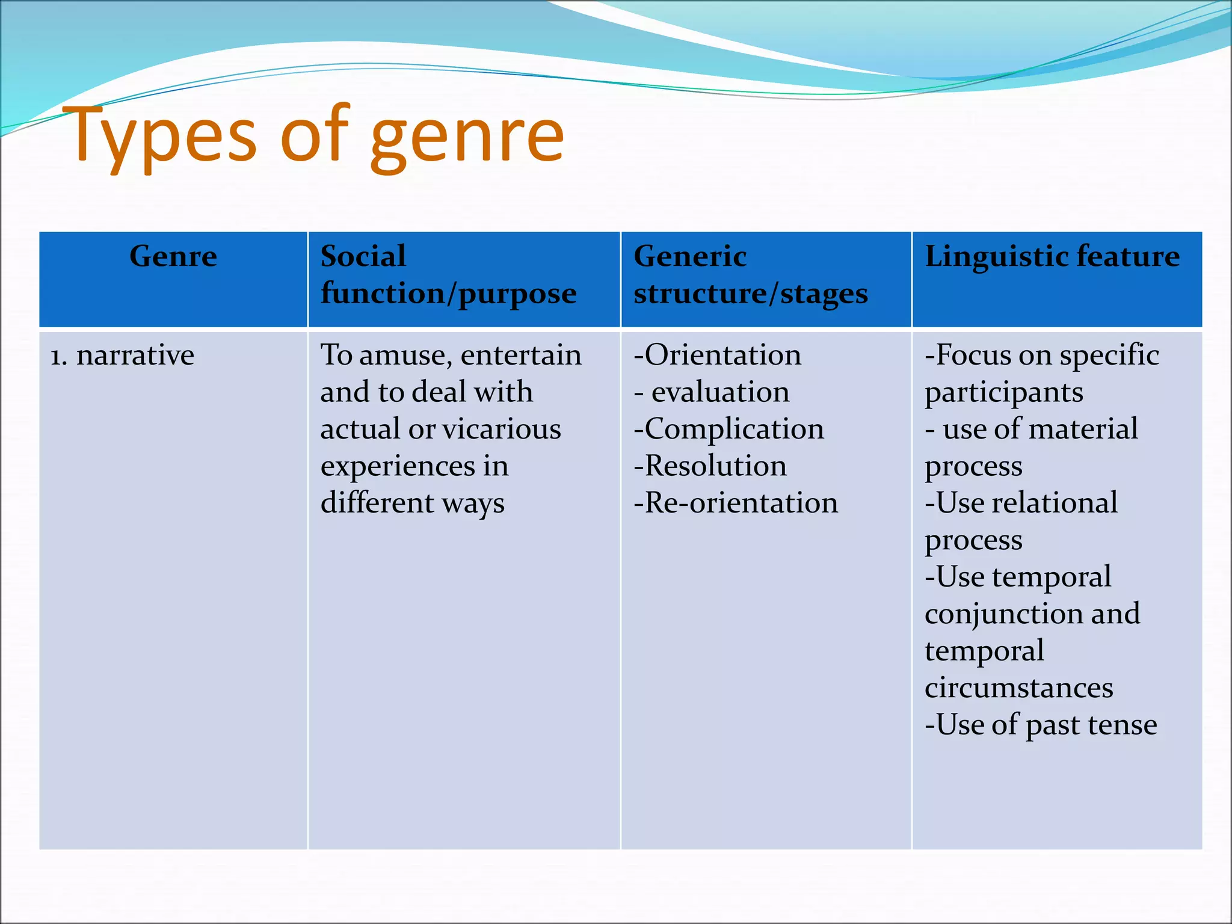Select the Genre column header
(x=173, y=256)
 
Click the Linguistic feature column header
(x=1052, y=256)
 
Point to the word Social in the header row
(x=363, y=256)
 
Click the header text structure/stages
(x=750, y=294)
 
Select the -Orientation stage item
(x=717, y=355)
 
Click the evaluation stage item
(x=720, y=392)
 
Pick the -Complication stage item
(x=728, y=429)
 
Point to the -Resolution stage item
(x=710, y=466)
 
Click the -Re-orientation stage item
(x=736, y=503)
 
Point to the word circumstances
(x=1018, y=688)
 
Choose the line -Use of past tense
(x=1041, y=725)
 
